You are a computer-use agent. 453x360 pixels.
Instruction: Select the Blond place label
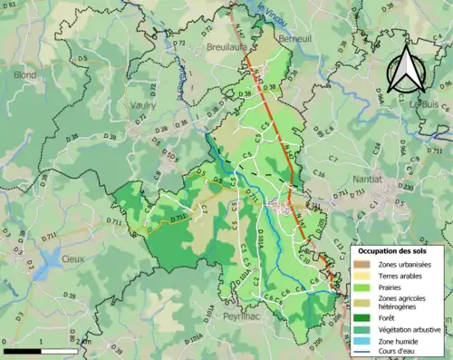point(24,76)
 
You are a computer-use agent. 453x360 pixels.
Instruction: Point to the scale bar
point(40,349)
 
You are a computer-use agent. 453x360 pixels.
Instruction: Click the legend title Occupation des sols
point(397,250)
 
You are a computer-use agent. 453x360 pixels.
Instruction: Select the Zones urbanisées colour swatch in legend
point(362,264)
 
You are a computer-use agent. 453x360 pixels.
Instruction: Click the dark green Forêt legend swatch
point(362,317)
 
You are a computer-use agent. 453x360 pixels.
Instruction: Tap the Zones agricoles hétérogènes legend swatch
point(362,303)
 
